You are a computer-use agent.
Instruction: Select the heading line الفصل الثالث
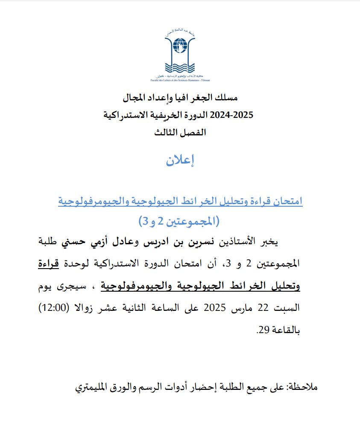[180, 132]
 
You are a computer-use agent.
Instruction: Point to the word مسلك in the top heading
[224, 98]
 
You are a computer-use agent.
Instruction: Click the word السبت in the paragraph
[290, 308]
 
